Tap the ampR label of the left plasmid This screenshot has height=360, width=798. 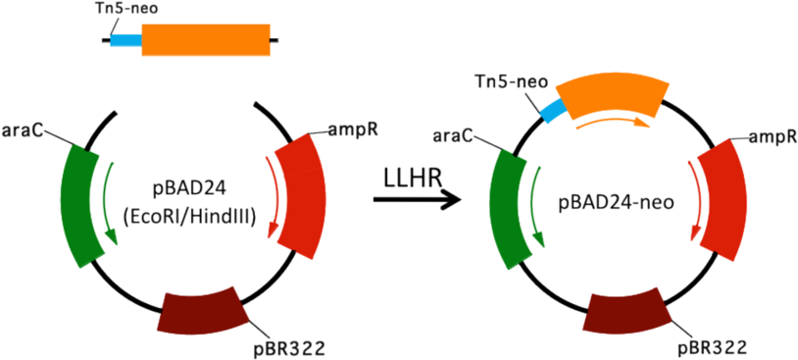click(x=345, y=129)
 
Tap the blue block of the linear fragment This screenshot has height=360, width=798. click(x=125, y=42)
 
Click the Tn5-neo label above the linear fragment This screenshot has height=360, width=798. click(x=133, y=10)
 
